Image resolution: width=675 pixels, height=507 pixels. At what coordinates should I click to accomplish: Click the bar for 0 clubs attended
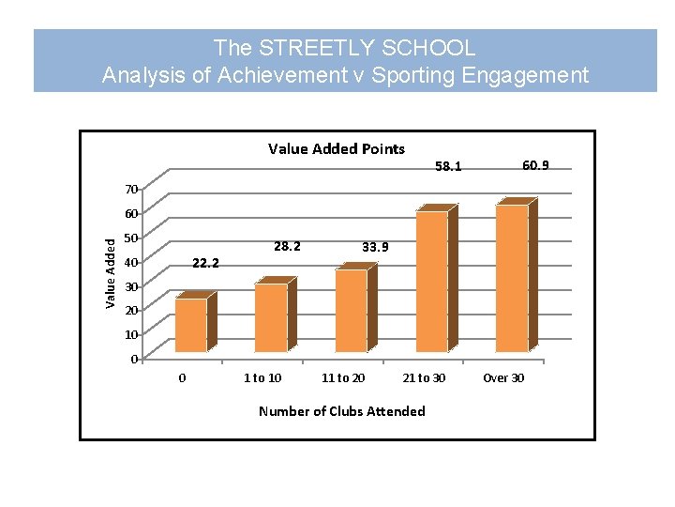pyautogui.click(x=191, y=324)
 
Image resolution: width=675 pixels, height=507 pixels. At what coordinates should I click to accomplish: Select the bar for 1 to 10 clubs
pyautogui.click(x=272, y=316)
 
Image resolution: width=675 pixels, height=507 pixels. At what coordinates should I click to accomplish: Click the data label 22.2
pyautogui.click(x=205, y=263)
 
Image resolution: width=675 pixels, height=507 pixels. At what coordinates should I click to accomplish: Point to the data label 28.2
pyautogui.click(x=287, y=246)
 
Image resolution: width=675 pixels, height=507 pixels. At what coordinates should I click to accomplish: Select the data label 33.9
pyautogui.click(x=375, y=247)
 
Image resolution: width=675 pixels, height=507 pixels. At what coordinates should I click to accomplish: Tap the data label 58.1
pyautogui.click(x=448, y=166)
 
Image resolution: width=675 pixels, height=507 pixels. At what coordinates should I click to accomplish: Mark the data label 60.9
pyautogui.click(x=535, y=165)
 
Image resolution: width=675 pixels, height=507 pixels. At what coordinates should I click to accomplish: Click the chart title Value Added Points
pyautogui.click(x=337, y=148)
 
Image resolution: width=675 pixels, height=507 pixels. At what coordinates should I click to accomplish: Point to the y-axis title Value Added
pyautogui.click(x=111, y=272)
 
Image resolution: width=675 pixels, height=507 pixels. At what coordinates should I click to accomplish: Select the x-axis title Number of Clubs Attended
pyautogui.click(x=341, y=410)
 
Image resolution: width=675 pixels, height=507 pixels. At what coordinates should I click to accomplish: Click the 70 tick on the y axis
pyautogui.click(x=132, y=190)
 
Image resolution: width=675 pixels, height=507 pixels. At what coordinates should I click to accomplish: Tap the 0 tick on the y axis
pyautogui.click(x=135, y=359)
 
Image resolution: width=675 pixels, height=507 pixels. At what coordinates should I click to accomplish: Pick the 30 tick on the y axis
pyautogui.click(x=132, y=286)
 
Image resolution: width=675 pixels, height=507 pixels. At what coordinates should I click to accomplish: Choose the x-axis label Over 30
pyautogui.click(x=503, y=378)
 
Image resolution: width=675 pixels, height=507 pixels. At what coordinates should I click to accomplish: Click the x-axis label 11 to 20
pyautogui.click(x=343, y=378)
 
